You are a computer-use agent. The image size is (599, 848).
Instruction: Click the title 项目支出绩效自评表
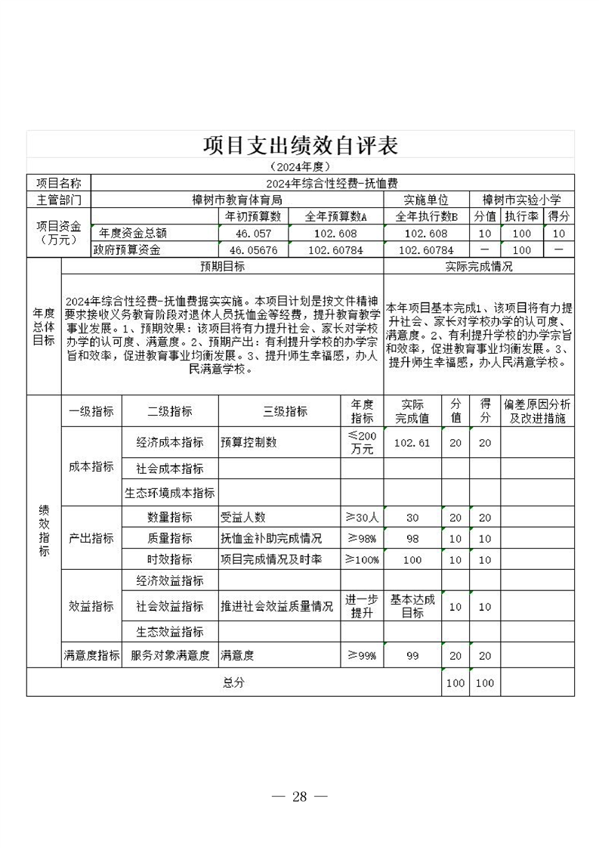point(300,145)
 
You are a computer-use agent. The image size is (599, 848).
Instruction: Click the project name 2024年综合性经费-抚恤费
point(332,183)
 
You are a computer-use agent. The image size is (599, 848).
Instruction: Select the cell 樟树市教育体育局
point(236,200)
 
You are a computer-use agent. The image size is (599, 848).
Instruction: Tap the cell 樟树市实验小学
point(521,200)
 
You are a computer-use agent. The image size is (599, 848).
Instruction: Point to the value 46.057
point(253,234)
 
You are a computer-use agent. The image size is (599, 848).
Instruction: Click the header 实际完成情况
point(479,267)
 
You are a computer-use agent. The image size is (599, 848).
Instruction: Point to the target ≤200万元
point(361,442)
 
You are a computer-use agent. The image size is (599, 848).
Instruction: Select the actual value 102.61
point(412,443)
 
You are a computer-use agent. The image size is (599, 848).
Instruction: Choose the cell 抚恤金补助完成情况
point(271,539)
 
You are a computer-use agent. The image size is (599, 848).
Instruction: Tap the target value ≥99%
point(361,656)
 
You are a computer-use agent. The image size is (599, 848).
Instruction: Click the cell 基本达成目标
point(412,606)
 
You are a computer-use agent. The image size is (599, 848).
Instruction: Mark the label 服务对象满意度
point(170,656)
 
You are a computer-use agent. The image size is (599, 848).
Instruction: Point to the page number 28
point(300,797)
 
